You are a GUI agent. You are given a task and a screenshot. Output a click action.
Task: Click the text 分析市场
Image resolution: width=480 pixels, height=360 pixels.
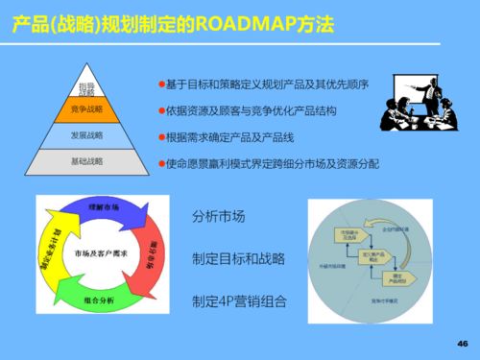pos(218,217)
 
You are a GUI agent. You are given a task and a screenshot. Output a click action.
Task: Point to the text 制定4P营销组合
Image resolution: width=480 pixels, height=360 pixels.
pos(239,300)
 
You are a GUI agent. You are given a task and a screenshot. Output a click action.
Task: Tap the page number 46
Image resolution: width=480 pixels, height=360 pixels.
pos(462,344)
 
